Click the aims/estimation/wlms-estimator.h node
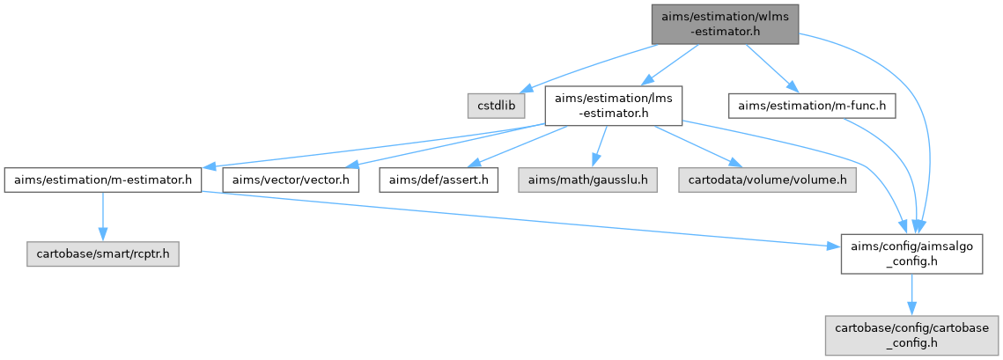(725, 22)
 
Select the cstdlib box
(496, 106)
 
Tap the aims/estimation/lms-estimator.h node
(613, 106)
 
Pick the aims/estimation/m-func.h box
(812, 106)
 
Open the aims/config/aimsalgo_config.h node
(911, 253)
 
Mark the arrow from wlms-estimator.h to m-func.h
(771, 66)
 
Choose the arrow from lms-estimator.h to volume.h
(692, 146)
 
